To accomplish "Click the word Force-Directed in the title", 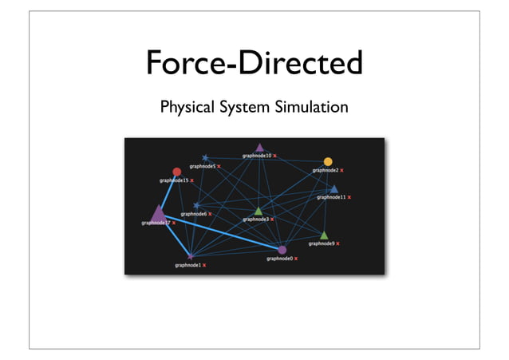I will tap(254, 64).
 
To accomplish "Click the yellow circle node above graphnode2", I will tap(328, 162).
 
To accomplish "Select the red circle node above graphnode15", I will tap(177, 172).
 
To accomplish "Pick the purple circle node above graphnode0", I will tap(282, 250).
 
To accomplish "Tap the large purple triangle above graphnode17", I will tap(158, 213).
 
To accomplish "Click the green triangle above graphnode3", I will tap(258, 211).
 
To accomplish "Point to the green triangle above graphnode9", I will tap(324, 235).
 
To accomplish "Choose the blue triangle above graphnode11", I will tap(334, 189).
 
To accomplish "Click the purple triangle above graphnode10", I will tap(259, 148).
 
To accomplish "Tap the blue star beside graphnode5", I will tap(205, 158).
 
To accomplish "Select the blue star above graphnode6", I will tap(196, 206).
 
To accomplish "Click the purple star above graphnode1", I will tap(191, 255).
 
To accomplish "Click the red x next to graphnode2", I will tap(342, 170).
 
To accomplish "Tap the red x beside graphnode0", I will tap(297, 259).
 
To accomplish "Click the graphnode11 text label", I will tap(330, 196).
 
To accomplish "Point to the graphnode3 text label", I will tap(255, 219).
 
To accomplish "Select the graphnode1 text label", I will tap(187, 264).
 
